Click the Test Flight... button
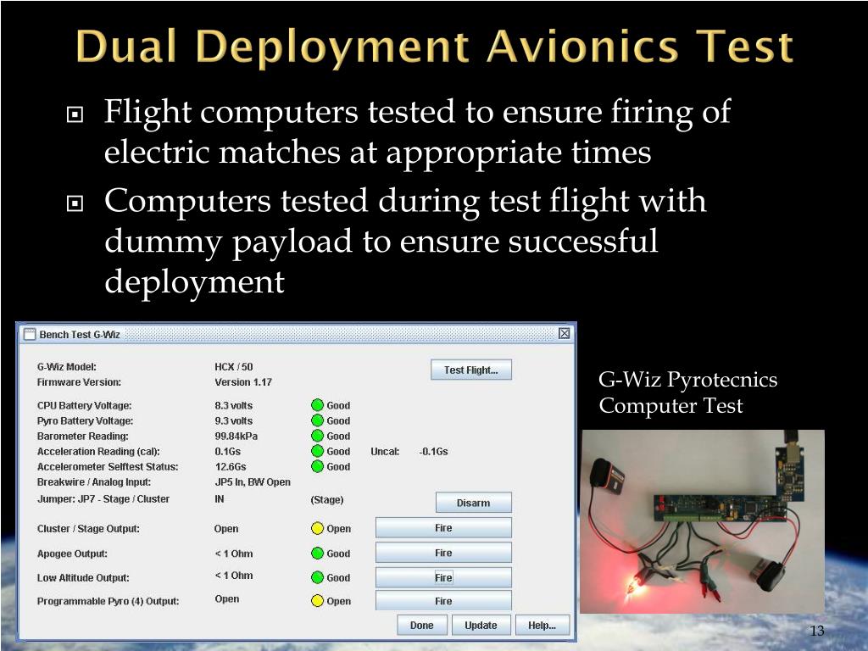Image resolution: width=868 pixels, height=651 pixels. [471, 370]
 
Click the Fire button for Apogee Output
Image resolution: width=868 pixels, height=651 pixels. [443, 553]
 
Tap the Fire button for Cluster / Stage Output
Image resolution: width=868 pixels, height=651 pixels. [443, 528]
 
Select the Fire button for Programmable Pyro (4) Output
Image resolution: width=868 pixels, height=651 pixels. [443, 601]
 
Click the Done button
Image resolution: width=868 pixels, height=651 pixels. [421, 626]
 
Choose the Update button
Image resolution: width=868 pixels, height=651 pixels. [481, 626]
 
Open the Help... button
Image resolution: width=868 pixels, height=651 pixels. [542, 626]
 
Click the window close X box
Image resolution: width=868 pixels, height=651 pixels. [565, 334]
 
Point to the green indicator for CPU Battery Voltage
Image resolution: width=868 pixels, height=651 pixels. [317, 405]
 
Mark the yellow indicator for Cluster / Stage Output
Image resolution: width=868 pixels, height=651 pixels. [317, 529]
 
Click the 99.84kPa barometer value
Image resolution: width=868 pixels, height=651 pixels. [236, 436]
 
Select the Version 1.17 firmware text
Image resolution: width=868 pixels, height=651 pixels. [243, 382]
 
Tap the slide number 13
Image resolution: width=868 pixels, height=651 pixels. [817, 632]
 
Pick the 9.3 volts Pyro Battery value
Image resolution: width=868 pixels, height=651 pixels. [233, 420]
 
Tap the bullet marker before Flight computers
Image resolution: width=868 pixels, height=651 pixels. [75, 113]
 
